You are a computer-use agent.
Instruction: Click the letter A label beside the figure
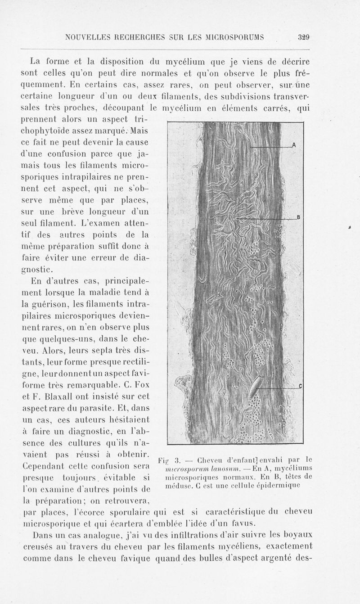click(x=294, y=145)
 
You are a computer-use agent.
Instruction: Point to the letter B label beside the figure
click(x=298, y=218)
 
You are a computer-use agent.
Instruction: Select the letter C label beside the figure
click(x=300, y=386)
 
